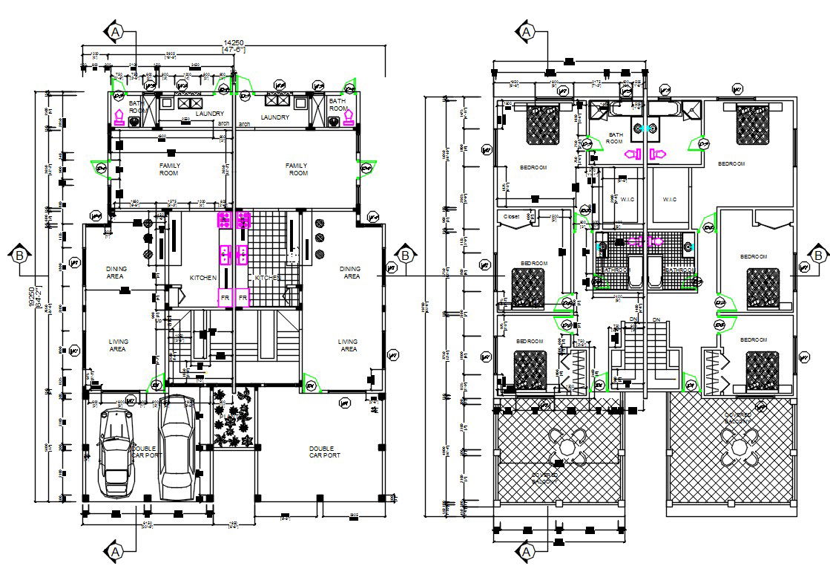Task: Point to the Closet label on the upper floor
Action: [x=512, y=217]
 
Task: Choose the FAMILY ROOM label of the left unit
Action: [x=169, y=169]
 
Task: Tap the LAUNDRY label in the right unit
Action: [x=275, y=117]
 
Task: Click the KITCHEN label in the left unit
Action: [x=203, y=278]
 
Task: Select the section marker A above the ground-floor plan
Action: [x=115, y=32]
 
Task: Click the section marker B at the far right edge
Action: [x=818, y=255]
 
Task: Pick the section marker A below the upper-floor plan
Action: [x=527, y=551]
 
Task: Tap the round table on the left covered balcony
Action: [x=567, y=447]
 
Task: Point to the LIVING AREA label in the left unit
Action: [x=117, y=345]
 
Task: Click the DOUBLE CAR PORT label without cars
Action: [x=324, y=452]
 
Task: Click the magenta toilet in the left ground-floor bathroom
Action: [x=117, y=117]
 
